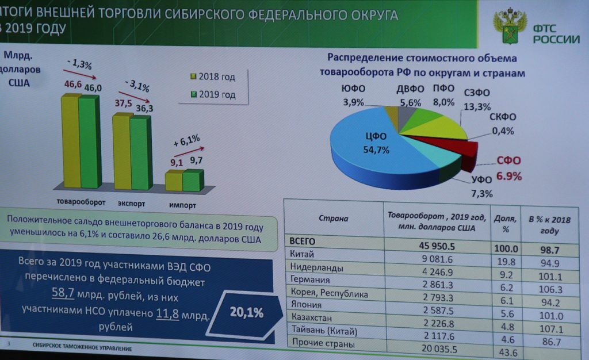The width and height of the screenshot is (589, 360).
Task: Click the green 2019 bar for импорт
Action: [193, 181]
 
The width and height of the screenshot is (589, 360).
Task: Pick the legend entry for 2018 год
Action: [213, 77]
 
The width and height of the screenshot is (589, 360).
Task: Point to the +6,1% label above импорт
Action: [186, 140]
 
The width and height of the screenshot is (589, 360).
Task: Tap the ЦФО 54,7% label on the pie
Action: [377, 143]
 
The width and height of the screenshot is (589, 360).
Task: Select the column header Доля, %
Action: [505, 222]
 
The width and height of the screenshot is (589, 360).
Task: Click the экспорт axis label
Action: [131, 204]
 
